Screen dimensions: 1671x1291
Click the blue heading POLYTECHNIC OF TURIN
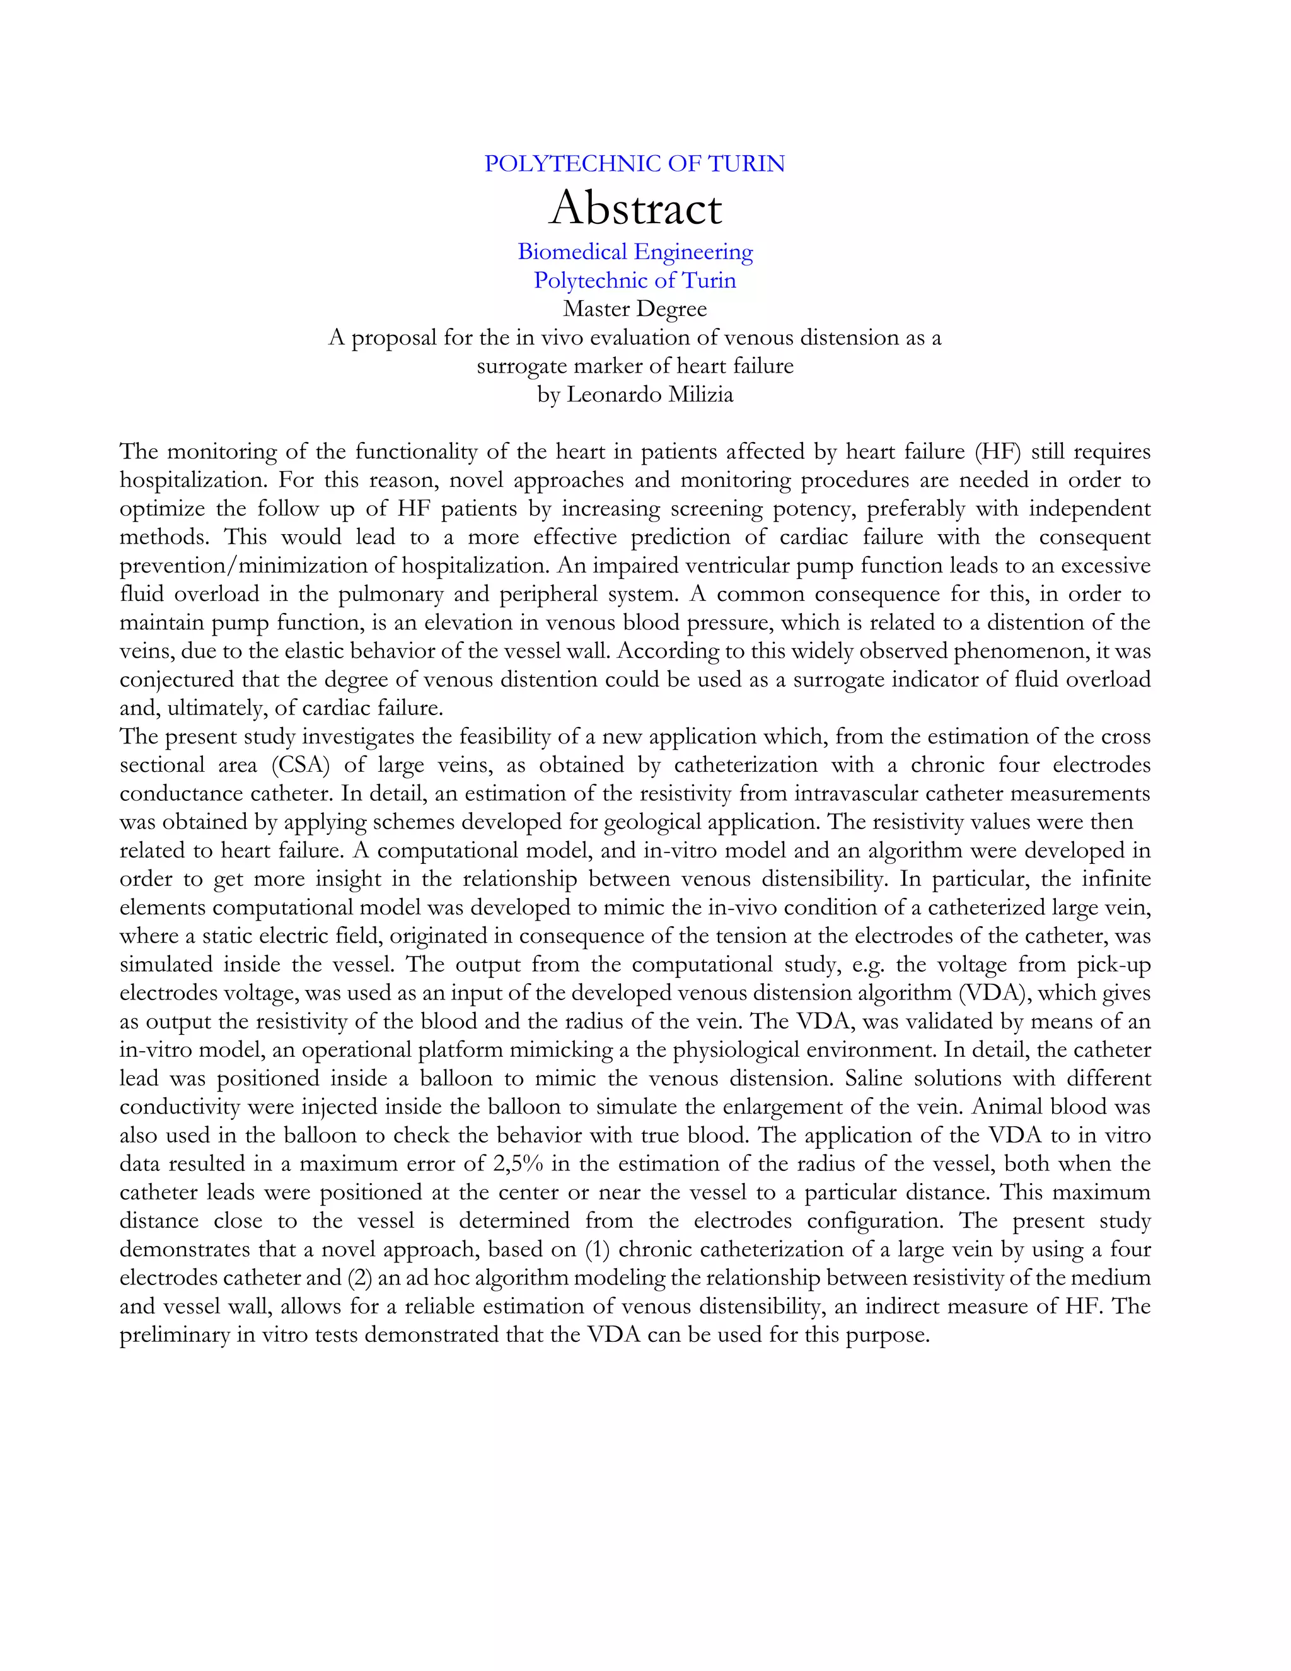click(x=634, y=164)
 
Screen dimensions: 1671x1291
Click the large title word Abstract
click(x=635, y=208)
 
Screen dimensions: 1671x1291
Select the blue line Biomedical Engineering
click(x=635, y=252)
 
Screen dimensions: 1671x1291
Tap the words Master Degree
click(x=635, y=309)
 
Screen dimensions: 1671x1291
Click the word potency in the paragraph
click(x=816, y=509)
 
